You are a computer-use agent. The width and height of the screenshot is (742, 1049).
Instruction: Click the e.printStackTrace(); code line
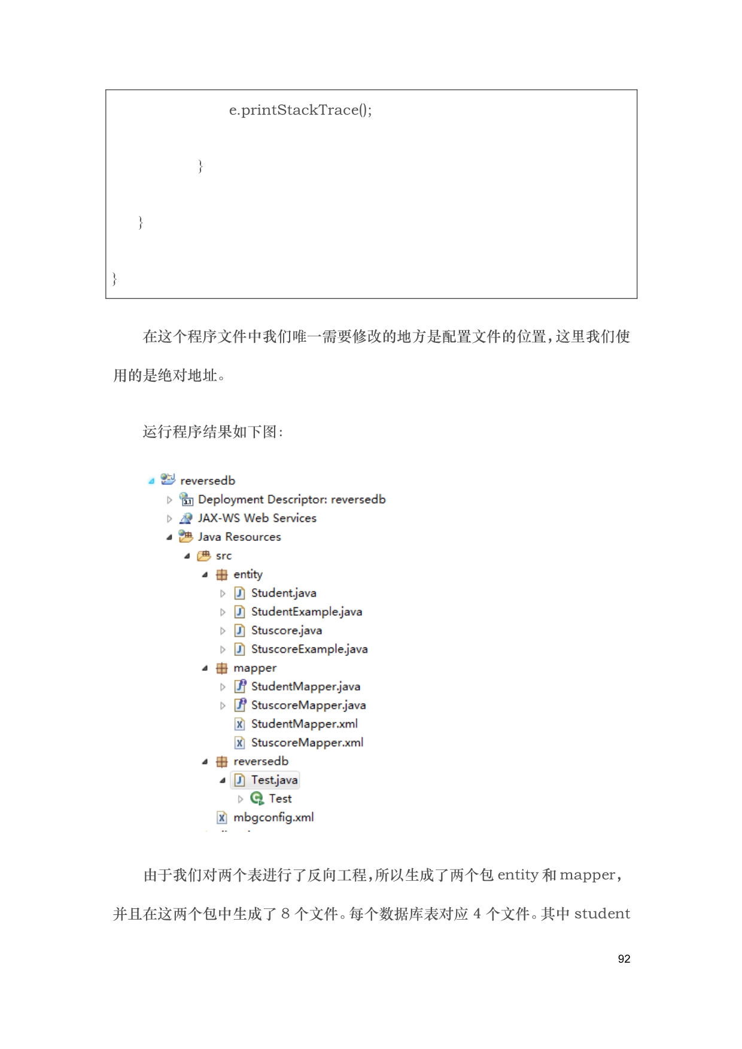click(300, 110)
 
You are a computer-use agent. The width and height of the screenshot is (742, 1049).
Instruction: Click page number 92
click(624, 959)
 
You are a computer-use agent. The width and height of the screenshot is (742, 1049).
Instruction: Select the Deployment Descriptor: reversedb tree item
click(291, 499)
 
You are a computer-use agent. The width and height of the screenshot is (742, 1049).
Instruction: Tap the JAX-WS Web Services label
click(257, 518)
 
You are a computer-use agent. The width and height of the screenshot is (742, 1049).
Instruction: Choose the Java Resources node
click(239, 537)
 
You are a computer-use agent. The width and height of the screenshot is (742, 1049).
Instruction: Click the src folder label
click(223, 555)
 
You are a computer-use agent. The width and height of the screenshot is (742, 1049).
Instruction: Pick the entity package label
click(248, 574)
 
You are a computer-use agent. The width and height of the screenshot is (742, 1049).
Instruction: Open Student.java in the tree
click(284, 593)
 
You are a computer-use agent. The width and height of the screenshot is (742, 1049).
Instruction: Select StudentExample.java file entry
click(306, 612)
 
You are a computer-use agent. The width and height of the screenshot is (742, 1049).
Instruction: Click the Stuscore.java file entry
click(286, 630)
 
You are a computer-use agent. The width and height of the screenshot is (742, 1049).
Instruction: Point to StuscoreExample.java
click(309, 649)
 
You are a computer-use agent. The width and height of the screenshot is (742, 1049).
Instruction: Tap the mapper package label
click(255, 668)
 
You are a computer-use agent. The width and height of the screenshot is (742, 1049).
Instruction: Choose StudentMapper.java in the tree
click(305, 686)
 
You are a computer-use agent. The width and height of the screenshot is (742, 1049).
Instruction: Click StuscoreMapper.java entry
click(308, 705)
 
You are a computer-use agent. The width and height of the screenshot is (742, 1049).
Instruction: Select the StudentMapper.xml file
click(304, 723)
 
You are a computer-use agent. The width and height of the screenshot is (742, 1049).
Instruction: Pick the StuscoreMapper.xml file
click(307, 742)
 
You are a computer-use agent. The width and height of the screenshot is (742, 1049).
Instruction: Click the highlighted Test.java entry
click(274, 780)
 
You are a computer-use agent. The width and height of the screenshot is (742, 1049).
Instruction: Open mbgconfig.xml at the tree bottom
click(273, 817)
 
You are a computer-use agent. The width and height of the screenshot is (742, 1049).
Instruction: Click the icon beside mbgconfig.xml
click(222, 817)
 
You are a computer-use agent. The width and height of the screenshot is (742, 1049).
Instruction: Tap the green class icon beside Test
click(257, 798)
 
